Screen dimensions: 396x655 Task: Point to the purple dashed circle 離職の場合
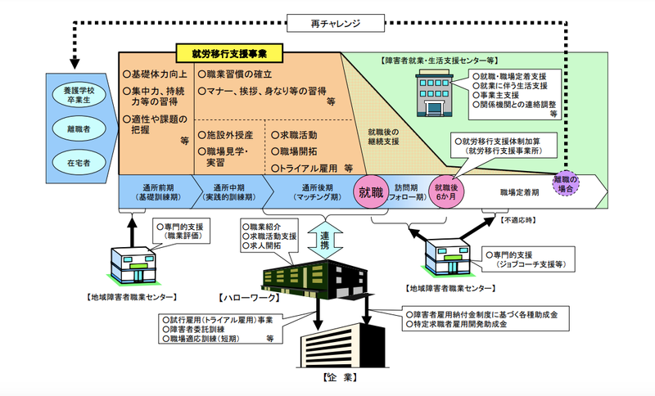tap(566, 184)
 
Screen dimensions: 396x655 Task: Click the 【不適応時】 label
tap(522, 220)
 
